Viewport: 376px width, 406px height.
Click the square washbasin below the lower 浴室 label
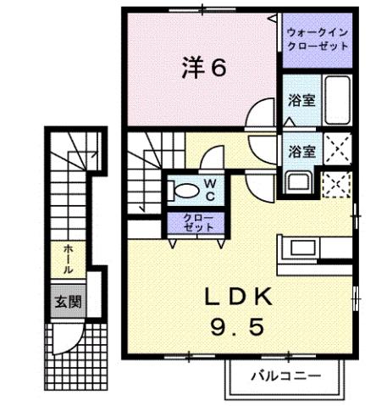click(x=299, y=181)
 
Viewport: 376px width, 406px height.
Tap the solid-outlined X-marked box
click(x=337, y=150)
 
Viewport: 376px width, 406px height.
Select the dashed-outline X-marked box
click(x=337, y=182)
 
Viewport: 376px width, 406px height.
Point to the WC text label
click(x=210, y=189)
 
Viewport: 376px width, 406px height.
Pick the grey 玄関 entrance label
click(x=68, y=302)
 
